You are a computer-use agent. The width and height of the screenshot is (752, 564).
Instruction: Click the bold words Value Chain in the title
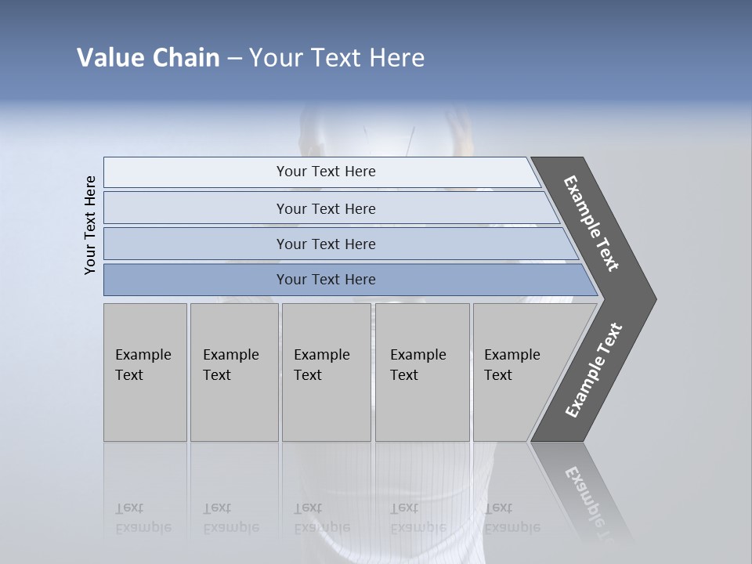click(x=148, y=58)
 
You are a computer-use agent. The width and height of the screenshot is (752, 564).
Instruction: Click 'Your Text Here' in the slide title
click(x=337, y=58)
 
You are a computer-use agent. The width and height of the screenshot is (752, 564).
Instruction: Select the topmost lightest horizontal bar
click(x=325, y=172)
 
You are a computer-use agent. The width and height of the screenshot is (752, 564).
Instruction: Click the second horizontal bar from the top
click(x=325, y=208)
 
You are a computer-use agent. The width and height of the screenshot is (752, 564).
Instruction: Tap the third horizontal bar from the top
click(x=325, y=244)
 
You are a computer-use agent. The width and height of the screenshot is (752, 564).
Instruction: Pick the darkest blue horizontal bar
click(x=325, y=280)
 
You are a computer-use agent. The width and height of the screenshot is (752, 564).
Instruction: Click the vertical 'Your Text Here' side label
click(x=90, y=225)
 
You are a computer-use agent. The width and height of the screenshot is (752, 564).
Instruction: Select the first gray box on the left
click(x=145, y=372)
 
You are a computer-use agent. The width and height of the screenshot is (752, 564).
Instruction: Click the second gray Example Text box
click(x=233, y=372)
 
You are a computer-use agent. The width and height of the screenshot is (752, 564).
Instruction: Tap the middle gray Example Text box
click(x=326, y=372)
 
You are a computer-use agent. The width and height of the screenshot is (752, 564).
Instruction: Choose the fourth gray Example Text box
click(x=421, y=372)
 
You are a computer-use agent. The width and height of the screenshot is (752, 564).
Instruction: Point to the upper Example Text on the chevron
click(x=591, y=224)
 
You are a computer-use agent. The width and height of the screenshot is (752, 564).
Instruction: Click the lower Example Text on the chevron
click(x=594, y=370)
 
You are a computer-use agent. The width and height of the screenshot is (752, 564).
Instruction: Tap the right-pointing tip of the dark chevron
click(x=650, y=298)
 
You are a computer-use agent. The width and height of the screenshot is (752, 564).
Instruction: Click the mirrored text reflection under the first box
click(x=143, y=518)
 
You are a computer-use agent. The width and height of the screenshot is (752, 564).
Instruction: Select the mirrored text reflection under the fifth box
click(x=512, y=518)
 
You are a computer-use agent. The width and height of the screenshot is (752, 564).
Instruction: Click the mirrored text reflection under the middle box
click(x=321, y=518)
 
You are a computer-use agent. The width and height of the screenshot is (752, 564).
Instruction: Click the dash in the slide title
click(x=234, y=59)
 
